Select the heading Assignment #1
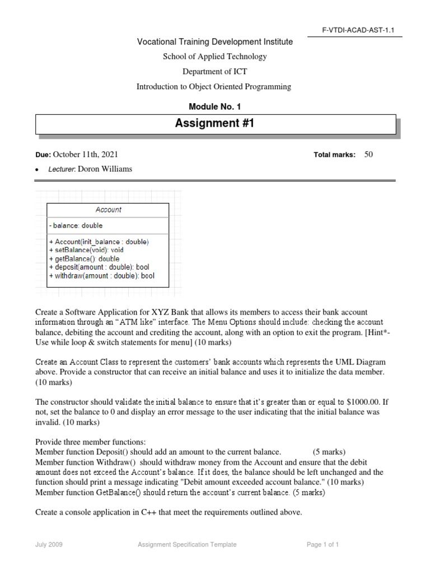215,123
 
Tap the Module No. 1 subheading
215,107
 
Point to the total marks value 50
368,155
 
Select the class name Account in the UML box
108,210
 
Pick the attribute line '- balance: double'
76,226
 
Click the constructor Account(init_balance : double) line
99,242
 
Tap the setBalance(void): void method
86,251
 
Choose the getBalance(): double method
84,259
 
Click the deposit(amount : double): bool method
99,267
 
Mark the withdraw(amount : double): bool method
101,276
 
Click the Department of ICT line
214,71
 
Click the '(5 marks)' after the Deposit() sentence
329,451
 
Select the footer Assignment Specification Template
187,544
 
